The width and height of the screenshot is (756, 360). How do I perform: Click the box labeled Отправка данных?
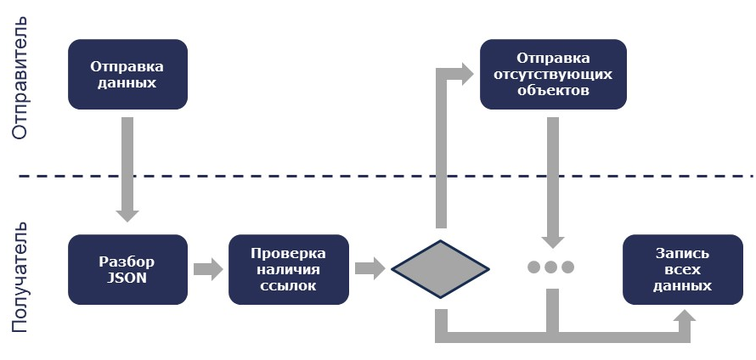[x=127, y=74]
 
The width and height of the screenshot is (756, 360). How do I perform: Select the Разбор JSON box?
[x=127, y=269]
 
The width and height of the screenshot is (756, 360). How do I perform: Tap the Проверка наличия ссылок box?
[x=289, y=269]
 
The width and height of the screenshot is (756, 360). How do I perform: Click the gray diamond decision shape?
[x=440, y=269]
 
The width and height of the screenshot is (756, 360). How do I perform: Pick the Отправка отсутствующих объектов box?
[x=553, y=74]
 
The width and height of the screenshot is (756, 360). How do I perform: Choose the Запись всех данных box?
[x=683, y=269]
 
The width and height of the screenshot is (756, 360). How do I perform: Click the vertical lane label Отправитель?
[x=21, y=76]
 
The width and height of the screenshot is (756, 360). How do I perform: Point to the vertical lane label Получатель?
[x=21, y=277]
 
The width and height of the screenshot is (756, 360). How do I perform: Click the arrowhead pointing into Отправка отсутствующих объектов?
[x=465, y=73]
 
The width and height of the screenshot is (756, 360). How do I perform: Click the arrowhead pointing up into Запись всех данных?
[x=684, y=318]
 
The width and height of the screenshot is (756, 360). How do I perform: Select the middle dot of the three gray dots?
[x=550, y=267]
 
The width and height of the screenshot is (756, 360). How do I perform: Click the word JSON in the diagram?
[x=127, y=277]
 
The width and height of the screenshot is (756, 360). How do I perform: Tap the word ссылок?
[x=289, y=285]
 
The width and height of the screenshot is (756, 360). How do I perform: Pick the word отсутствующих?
[x=553, y=74]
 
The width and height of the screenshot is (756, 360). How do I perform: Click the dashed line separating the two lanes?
[x=382, y=177]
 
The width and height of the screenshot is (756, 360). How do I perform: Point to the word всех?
[x=683, y=269]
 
